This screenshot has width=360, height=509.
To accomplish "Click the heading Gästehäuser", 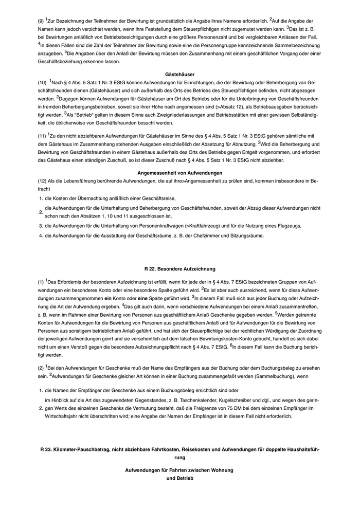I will coord(180,74).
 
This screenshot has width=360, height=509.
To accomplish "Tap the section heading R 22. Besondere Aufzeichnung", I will coord(180,268).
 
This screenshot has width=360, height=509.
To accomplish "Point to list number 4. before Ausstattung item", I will coord(41,235).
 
